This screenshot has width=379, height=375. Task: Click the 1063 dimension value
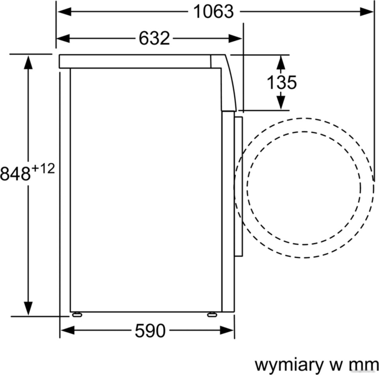click(213, 12)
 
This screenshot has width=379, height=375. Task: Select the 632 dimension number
click(154, 38)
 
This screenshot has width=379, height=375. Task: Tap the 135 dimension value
click(281, 82)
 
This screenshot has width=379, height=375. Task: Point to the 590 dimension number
click(150, 331)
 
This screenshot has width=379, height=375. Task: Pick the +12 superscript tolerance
click(43, 169)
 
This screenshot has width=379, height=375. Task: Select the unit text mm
click(363, 365)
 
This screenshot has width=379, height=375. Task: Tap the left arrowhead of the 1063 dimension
click(63, 12)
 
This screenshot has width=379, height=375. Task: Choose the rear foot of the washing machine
click(77, 314)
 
